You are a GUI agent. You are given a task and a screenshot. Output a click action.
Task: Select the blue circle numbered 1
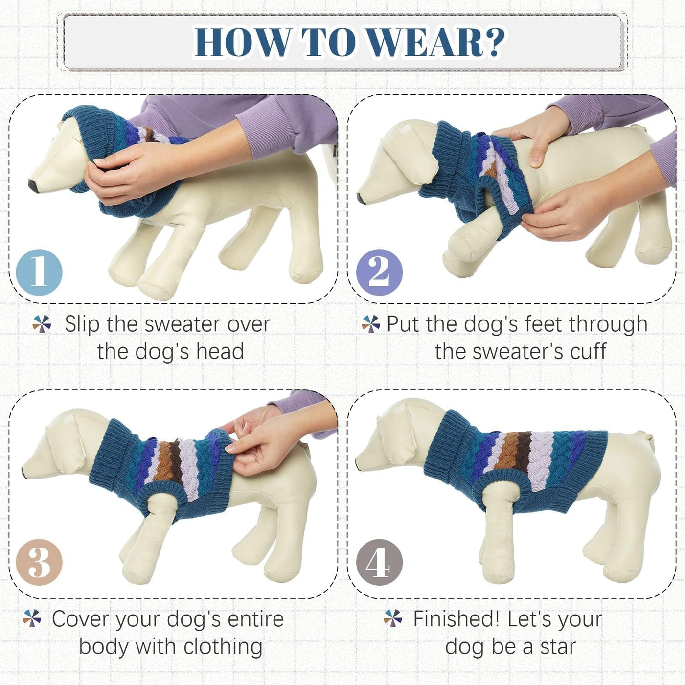(x=39, y=273)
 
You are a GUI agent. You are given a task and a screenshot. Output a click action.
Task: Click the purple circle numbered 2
(x=379, y=273)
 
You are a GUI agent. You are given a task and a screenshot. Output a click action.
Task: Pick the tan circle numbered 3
(x=39, y=562)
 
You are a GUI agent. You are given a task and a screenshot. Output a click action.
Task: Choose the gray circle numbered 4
(x=379, y=562)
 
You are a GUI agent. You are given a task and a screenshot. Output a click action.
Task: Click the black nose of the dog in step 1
(x=34, y=186)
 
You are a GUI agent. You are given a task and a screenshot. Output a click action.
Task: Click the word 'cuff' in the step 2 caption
(x=588, y=351)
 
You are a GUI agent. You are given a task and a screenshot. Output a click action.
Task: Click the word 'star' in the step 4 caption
(x=558, y=647)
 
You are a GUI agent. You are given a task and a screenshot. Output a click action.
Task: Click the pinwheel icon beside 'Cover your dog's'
(x=32, y=618)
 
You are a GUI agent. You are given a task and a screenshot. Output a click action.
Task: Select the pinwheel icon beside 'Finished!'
(x=392, y=618)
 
